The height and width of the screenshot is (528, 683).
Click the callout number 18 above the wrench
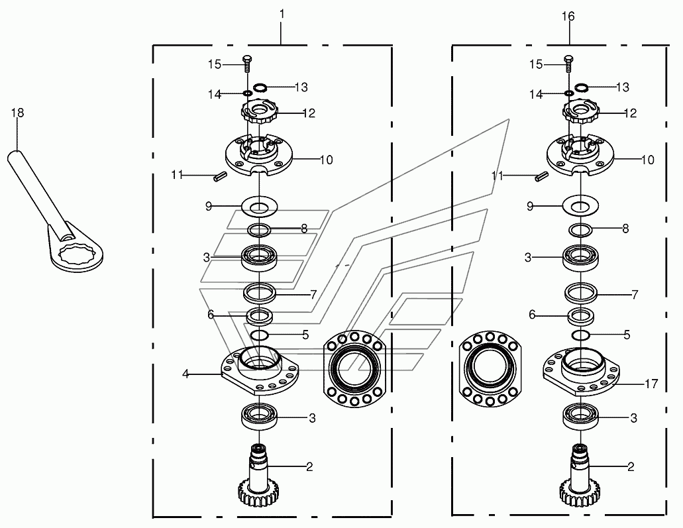click(17, 113)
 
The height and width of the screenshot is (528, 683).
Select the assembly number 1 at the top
click(282, 15)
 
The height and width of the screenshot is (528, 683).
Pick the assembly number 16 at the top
click(568, 17)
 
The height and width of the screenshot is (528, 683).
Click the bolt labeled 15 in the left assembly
click(247, 64)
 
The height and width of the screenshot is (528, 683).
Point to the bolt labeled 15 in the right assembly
click(568, 64)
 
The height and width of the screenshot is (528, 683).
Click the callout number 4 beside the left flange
click(186, 374)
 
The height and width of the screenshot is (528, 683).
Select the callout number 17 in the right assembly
click(651, 384)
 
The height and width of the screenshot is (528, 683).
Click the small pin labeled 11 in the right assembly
click(541, 177)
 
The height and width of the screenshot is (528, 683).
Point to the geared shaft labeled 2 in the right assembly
click(579, 476)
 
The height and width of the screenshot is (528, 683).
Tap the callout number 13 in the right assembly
click(623, 87)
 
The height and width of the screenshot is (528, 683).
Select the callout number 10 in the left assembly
click(326, 160)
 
